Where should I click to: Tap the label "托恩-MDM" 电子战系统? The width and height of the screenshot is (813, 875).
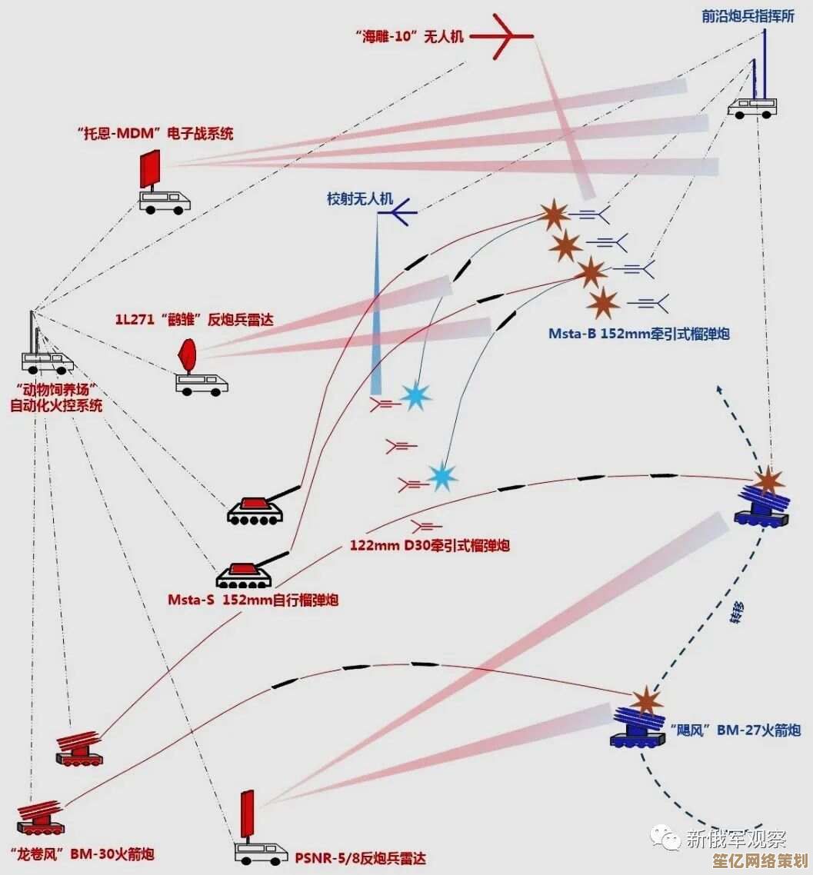coord(155,134)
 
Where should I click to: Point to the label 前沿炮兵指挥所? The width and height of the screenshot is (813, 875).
coord(737,16)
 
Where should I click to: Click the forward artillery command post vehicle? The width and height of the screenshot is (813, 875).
coord(751,108)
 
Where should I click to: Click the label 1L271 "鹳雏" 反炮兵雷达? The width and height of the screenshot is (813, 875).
coord(195,318)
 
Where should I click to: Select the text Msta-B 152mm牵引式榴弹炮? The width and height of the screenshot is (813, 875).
coord(638,334)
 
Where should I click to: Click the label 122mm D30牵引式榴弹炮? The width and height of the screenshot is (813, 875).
coord(429,545)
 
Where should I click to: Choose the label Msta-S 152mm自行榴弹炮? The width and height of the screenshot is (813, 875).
coord(253,600)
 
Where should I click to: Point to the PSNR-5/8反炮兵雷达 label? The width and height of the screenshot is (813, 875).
coord(360,858)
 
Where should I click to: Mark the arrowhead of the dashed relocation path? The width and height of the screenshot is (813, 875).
coord(719,388)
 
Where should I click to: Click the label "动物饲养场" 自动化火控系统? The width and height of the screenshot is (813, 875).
coord(55,398)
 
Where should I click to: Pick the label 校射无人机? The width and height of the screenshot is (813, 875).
coord(360,199)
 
